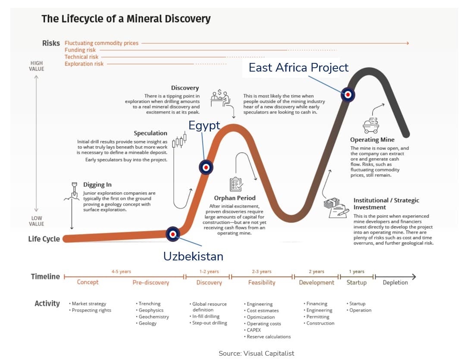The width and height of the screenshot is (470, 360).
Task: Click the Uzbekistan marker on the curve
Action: click(173, 234)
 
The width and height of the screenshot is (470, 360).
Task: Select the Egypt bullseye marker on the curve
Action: click(206, 167)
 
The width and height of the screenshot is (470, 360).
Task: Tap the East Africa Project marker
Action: click(348, 95)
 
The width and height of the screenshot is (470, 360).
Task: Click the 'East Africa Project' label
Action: click(298, 67)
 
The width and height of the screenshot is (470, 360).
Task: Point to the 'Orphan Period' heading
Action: click(235, 198)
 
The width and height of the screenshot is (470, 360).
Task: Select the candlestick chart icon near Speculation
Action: click(179, 141)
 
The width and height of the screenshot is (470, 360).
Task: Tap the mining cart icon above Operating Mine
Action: click(371, 125)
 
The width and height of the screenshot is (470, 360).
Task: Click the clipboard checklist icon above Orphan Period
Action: click(236, 185)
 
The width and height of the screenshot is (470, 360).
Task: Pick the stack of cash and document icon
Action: click(336, 207)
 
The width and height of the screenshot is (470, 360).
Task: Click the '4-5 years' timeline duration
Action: click(121, 272)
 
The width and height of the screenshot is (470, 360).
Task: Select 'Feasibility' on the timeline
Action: click(262, 282)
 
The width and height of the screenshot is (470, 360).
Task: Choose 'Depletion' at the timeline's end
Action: click(395, 282)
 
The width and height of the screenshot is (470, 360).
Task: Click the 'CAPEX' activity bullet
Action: click(252, 330)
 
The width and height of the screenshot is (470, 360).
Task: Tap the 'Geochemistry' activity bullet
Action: click(152, 316)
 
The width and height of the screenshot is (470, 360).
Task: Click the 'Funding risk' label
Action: click(80, 50)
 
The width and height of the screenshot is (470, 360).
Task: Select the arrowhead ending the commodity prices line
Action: click(407, 43)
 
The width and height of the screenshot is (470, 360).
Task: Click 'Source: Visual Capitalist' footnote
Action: click(256, 354)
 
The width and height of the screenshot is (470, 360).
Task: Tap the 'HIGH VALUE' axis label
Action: click(37, 66)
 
